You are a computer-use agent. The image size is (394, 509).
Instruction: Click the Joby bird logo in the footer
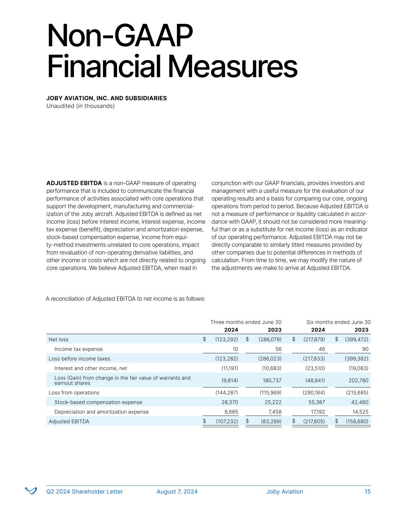tap(31, 491)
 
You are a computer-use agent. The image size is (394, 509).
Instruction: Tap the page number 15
tap(367, 491)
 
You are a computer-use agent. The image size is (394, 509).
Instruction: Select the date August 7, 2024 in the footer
tap(177, 491)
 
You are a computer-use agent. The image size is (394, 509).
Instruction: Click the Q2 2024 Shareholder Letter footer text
tap(84, 491)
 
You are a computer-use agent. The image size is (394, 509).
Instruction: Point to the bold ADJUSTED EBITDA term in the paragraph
tap(74, 183)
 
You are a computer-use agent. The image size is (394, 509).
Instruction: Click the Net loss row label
tap(59, 339)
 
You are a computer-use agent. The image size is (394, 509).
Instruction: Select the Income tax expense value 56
tap(278, 349)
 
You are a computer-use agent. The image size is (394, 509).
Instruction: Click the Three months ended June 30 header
tap(246, 322)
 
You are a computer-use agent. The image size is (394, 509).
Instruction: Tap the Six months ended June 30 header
tap(338, 322)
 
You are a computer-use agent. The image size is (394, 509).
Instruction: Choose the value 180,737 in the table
tap(271, 380)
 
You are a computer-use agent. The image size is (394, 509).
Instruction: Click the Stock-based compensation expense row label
tap(98, 402)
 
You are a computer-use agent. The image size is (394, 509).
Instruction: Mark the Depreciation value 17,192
tap(317, 412)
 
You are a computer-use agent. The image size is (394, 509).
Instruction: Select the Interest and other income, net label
tap(91, 368)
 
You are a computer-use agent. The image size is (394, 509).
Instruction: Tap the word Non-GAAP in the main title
tap(120, 37)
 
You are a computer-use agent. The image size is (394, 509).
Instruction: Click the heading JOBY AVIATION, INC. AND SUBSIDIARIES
tap(106, 98)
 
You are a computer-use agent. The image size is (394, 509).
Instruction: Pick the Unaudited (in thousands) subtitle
tap(80, 106)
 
